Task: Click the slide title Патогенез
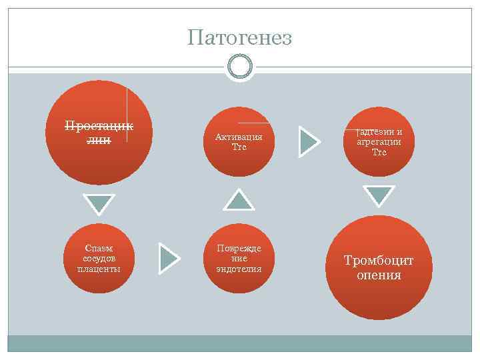pos(239,38)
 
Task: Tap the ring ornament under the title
pos(239,67)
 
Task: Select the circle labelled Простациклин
pos(99,132)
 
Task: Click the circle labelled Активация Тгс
pos(239,141)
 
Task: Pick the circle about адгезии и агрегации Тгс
pos(379,141)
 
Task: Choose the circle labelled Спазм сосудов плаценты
pos(99,258)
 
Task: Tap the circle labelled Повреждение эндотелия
pos(239,258)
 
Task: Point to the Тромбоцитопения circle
pos(379,267)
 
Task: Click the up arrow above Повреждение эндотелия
pos(238,199)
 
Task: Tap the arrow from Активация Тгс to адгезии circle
pos(309,141)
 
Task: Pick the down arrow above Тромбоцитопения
pos(379,195)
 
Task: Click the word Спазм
pos(99,247)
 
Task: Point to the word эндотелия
pos(239,269)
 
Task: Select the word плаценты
pos(99,269)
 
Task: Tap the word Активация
pos(239,137)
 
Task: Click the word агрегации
pos(379,141)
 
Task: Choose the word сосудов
pos(99,258)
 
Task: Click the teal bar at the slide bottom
pos(239,343)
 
